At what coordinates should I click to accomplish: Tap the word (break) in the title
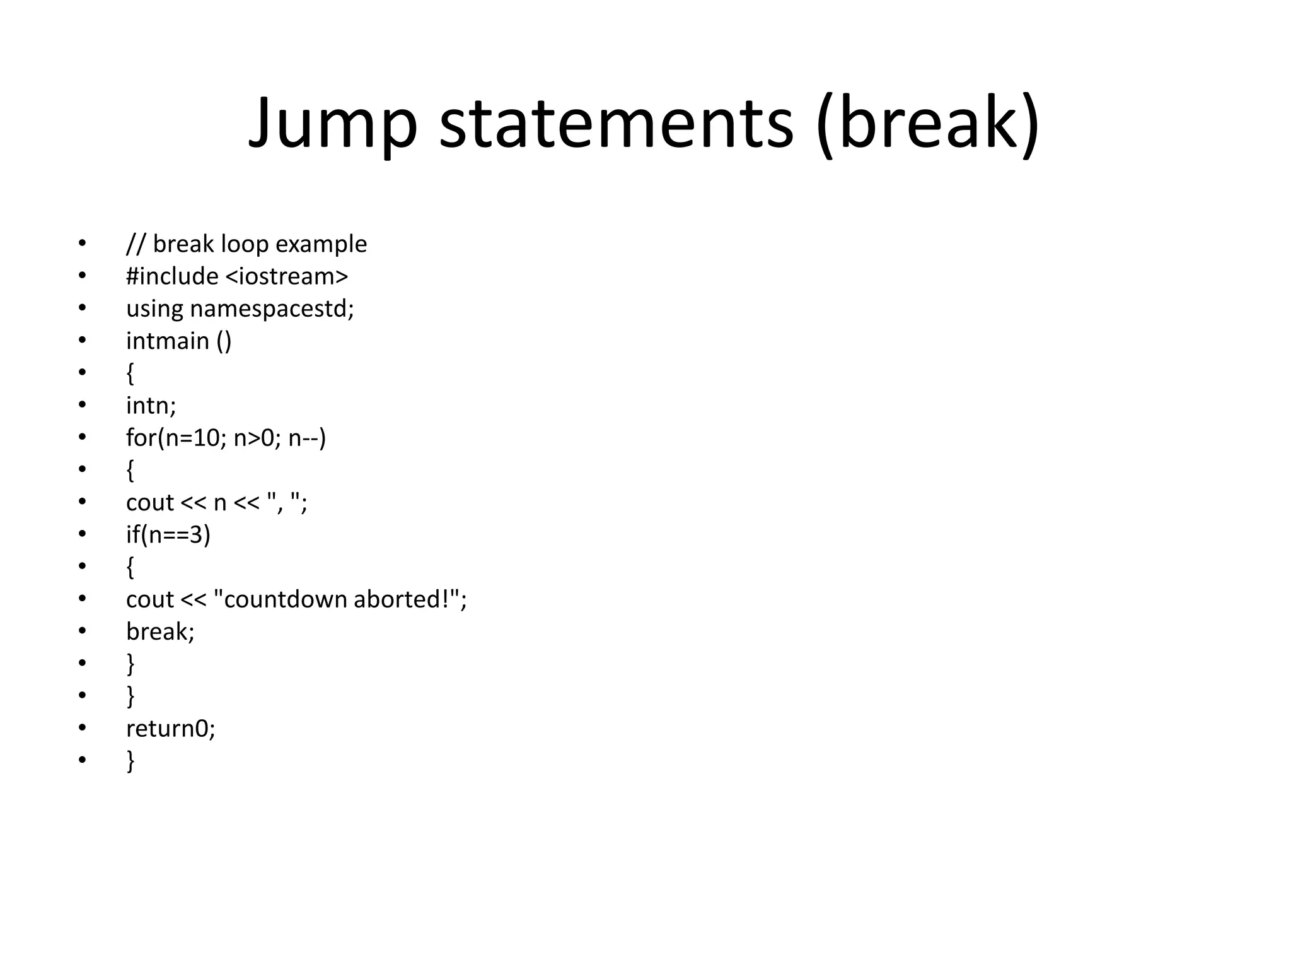click(x=927, y=122)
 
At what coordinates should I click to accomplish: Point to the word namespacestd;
click(x=272, y=308)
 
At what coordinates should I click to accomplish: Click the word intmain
click(x=168, y=341)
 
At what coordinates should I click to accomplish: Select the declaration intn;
click(x=151, y=405)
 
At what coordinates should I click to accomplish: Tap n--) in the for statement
click(x=307, y=438)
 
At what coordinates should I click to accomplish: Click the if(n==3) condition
click(x=168, y=534)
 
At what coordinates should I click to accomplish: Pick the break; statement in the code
click(x=160, y=631)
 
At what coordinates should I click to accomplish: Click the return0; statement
click(x=170, y=729)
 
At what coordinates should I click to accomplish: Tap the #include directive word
click(x=172, y=276)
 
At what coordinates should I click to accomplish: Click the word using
click(x=154, y=308)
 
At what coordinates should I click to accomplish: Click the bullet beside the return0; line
click(x=82, y=728)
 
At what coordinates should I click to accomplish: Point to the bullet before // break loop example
click(x=82, y=244)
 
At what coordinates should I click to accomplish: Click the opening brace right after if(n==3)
click(x=130, y=567)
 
